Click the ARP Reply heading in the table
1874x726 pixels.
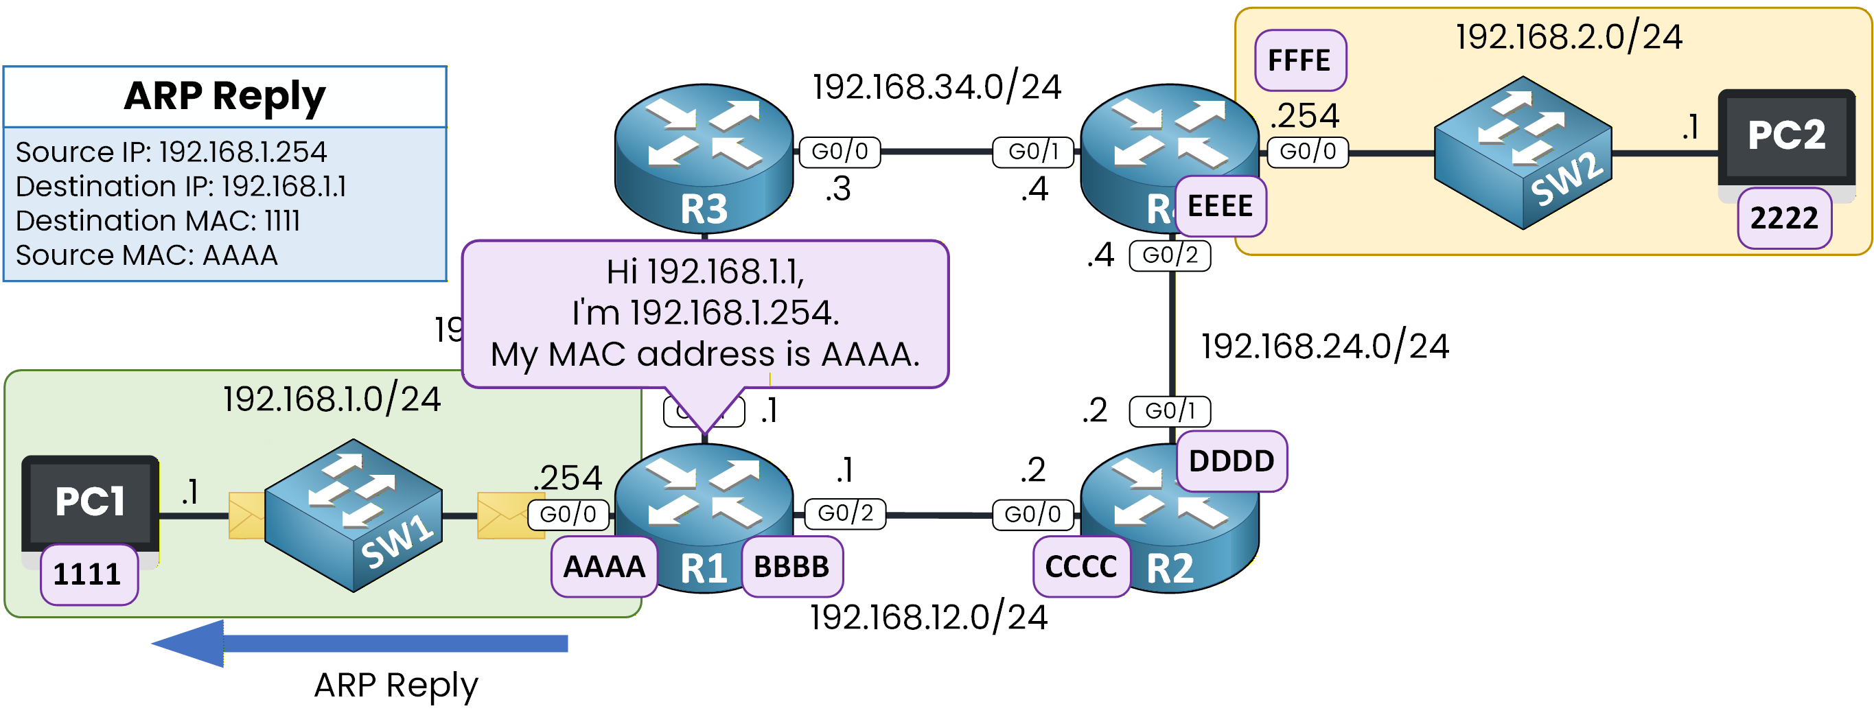[224, 96]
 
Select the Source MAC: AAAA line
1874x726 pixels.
[146, 255]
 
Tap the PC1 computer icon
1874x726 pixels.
[89, 504]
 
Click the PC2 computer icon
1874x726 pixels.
[1786, 137]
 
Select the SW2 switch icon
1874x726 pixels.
[1523, 153]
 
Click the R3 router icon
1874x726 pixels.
[704, 156]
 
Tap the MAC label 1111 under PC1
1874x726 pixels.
[88, 574]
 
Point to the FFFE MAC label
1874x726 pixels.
[1299, 60]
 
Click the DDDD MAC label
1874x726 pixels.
[1231, 461]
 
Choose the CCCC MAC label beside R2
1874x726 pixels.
[1080, 567]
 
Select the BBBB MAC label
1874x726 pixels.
[791, 567]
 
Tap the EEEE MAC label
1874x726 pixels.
[1220, 207]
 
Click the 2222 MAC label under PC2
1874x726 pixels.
[1784, 218]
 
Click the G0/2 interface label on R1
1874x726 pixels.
[844, 513]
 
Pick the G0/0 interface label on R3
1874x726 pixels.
[840, 152]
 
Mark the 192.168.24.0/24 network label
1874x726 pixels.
[1324, 347]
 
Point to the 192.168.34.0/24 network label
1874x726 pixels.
[936, 87]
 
